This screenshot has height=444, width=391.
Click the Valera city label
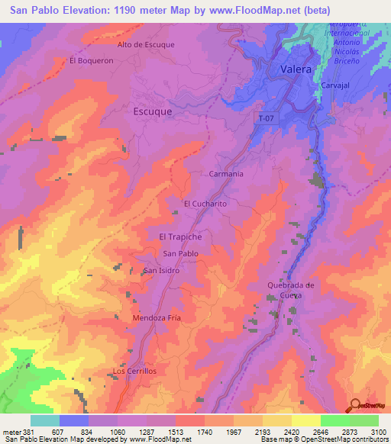295,69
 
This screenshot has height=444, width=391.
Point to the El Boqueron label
91,60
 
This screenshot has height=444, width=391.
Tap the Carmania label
226,174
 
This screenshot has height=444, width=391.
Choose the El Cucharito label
206,204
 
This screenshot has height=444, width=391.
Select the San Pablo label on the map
181,253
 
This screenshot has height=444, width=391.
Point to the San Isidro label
161,271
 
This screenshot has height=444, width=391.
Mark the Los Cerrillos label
134,371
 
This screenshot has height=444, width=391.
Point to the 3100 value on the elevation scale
377,431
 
